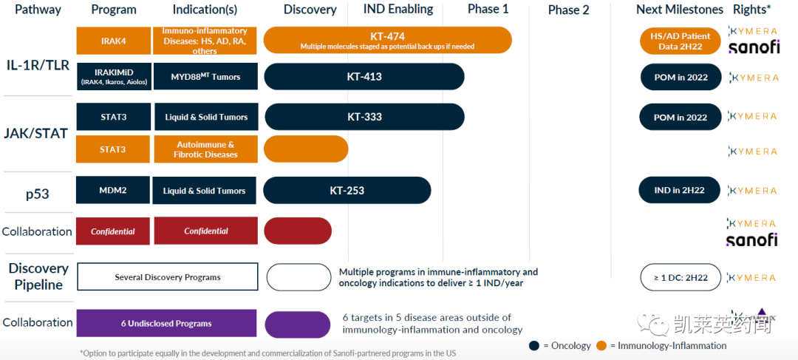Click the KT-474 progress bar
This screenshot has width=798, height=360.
pyautogui.click(x=387, y=40)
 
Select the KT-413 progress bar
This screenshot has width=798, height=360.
pyautogui.click(x=364, y=77)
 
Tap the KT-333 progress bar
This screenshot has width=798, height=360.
pyautogui.click(x=364, y=117)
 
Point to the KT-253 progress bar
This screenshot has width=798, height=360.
pyautogui.click(x=347, y=190)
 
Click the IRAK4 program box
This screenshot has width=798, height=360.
pyautogui.click(x=113, y=41)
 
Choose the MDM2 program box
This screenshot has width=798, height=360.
pyautogui.click(x=113, y=190)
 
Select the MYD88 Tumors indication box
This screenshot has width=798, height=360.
pyautogui.click(x=205, y=77)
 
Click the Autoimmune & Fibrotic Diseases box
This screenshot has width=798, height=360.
pyautogui.click(x=205, y=149)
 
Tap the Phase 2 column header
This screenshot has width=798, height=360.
pyautogui.click(x=569, y=10)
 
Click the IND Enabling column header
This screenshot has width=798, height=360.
pyautogui.click(x=398, y=10)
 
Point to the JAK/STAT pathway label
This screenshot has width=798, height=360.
pyautogui.click(x=37, y=134)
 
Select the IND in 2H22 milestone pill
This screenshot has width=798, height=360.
pyautogui.click(x=679, y=190)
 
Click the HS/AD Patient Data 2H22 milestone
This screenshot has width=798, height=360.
pyautogui.click(x=680, y=41)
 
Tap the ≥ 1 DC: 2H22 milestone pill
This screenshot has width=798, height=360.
pyautogui.click(x=680, y=277)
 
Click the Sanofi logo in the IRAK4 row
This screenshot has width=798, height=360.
pyautogui.click(x=753, y=47)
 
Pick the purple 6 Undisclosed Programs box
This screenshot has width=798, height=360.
pyautogui.click(x=166, y=323)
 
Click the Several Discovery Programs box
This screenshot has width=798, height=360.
pyautogui.click(x=167, y=277)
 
